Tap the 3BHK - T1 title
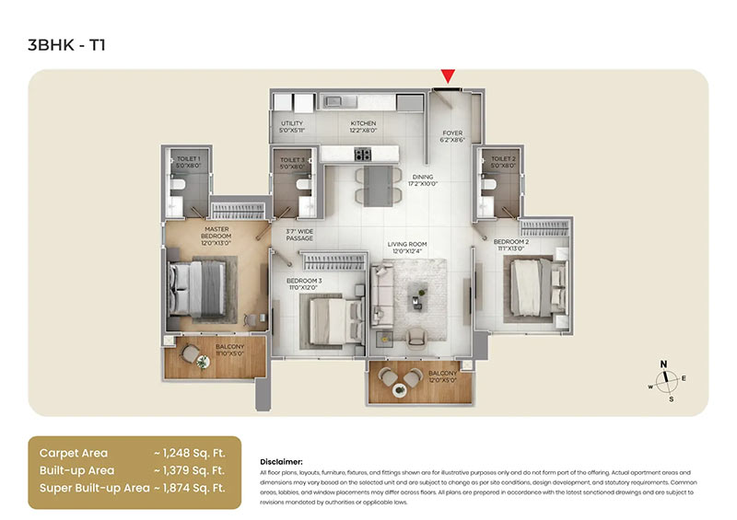(67, 43)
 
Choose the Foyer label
(451, 136)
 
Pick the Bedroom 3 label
(304, 283)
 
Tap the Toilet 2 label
(502, 163)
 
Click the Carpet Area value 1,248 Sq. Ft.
(190, 453)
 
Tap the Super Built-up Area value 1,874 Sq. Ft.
(190, 488)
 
